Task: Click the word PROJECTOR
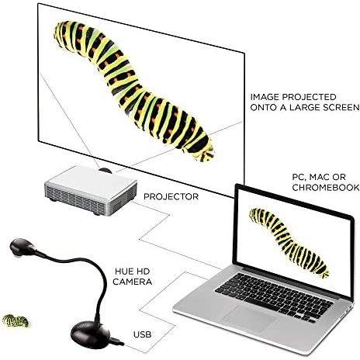pos(171,196)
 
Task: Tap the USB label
pos(142,334)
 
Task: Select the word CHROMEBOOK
pos(326,188)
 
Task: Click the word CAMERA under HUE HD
pos(132,282)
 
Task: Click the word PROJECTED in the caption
pos(309,97)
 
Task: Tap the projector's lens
pos(106,171)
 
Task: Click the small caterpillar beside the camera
pos(16,321)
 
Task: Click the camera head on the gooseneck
pos(22,247)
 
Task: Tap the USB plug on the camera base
pos(117,341)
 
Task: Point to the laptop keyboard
pos(274,296)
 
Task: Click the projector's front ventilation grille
pos(75,199)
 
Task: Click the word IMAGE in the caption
pos(265,97)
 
